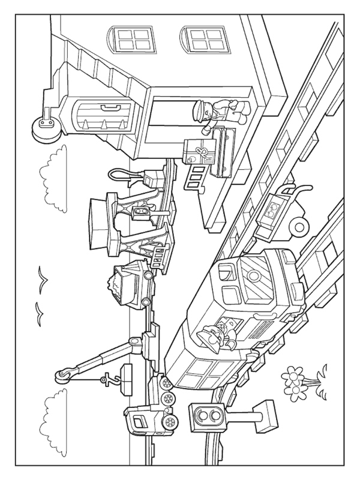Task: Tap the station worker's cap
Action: coord(199,112)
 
